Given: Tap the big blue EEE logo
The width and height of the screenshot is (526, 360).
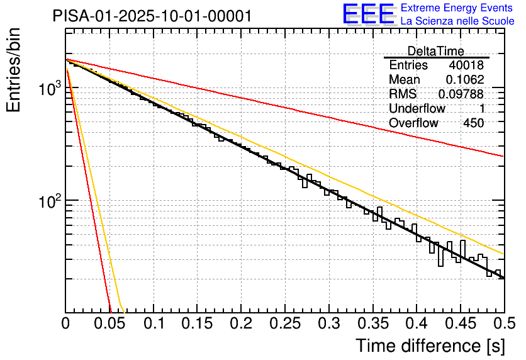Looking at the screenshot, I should pos(369,14).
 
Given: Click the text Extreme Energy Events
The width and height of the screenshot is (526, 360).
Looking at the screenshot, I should pos(457,8).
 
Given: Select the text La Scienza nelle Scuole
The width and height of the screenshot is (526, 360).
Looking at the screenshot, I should pos(457,21).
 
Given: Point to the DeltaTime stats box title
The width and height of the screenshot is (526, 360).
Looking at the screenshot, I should pos(436,51).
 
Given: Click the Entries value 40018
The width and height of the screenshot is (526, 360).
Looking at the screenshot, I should pos(466,65).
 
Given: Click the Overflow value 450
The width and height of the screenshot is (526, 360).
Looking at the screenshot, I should pos(473,123).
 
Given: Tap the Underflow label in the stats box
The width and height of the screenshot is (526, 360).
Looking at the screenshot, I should pos(417,109).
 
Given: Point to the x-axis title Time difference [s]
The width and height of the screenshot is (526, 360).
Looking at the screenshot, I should pos(429,346).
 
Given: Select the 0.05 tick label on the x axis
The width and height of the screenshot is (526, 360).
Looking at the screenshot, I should pos(109,323).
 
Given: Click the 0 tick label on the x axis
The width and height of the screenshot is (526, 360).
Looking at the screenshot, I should pos(66,323).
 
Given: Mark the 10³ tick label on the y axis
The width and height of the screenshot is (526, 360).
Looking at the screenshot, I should pos(47,90).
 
